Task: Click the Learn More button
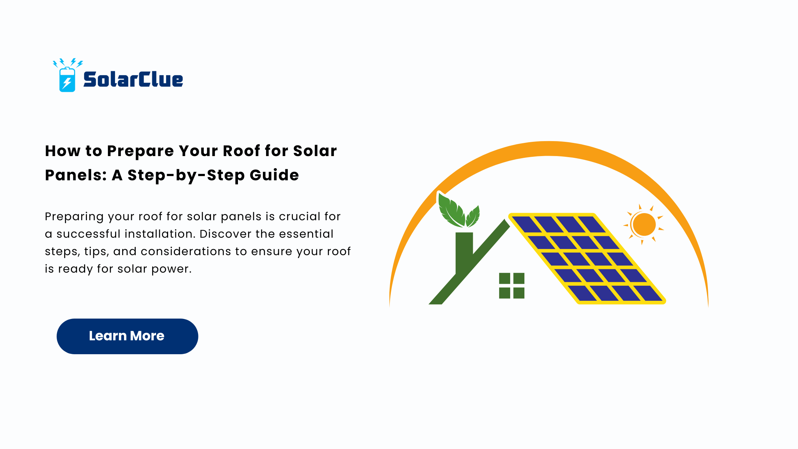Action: (127, 336)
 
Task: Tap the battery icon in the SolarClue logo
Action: (67, 79)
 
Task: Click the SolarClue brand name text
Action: (133, 79)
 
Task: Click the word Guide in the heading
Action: (274, 175)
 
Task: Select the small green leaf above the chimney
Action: (473, 217)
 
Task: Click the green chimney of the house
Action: (464, 253)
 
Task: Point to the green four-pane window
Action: (512, 285)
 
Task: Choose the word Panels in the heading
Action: (76, 175)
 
